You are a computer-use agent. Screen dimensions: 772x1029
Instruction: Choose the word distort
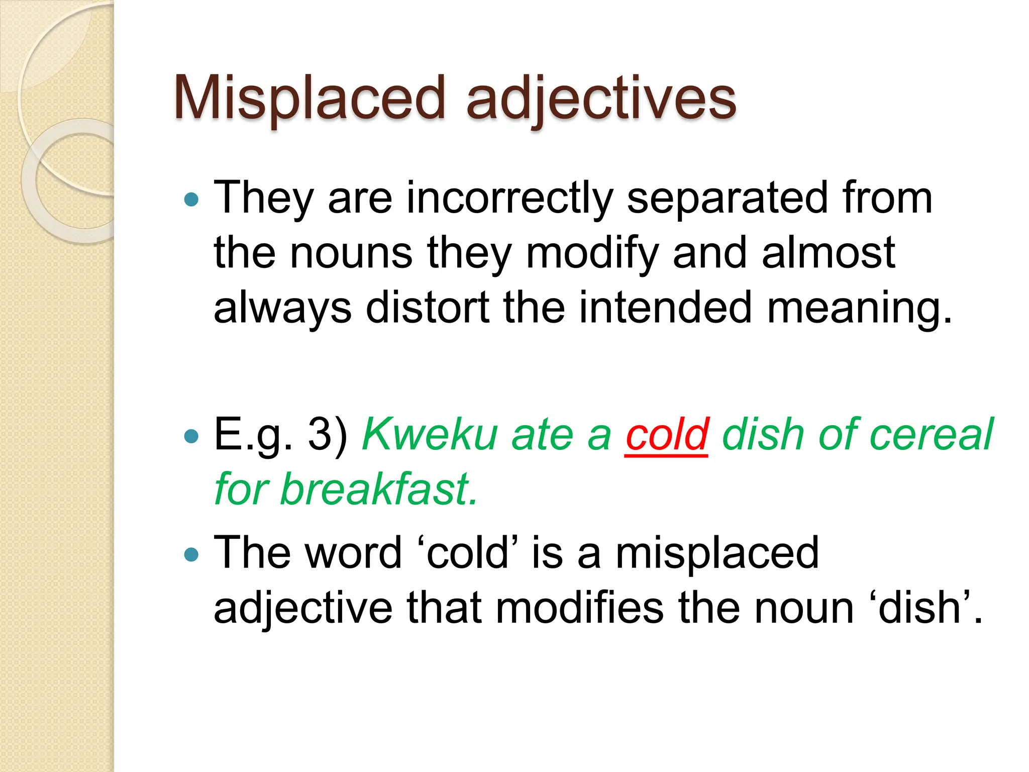[x=428, y=307]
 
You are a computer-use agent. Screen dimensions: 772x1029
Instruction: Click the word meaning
[x=859, y=308]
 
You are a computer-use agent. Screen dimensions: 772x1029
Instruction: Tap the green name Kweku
[x=430, y=434]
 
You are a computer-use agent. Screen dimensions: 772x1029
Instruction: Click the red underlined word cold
[x=667, y=434]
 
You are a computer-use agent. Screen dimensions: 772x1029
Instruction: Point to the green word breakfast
[x=378, y=489]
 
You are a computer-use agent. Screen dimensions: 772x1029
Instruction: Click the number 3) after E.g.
[x=328, y=434]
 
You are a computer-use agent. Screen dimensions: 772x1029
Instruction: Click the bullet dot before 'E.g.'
[x=191, y=436]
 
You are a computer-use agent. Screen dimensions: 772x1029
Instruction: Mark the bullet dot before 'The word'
[x=191, y=555]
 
